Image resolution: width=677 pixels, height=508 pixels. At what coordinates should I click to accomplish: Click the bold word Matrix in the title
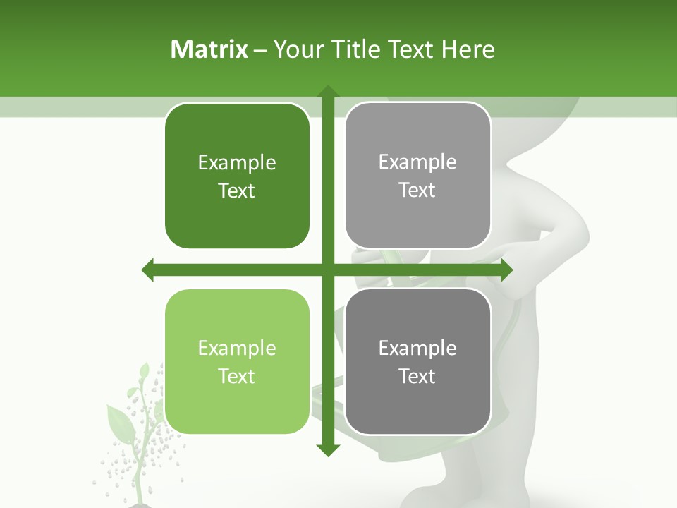(x=209, y=49)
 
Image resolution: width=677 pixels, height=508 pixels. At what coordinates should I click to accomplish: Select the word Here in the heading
(x=468, y=49)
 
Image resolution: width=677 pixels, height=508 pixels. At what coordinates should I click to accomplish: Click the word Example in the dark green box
(x=237, y=163)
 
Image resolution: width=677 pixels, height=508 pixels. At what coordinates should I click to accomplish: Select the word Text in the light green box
(x=237, y=376)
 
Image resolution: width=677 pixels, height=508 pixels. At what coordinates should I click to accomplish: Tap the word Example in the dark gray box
(x=417, y=348)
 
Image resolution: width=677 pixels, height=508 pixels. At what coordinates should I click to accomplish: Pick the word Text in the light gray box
(x=417, y=190)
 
